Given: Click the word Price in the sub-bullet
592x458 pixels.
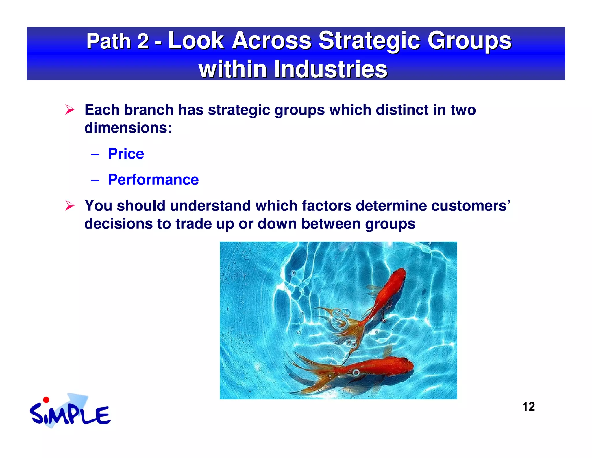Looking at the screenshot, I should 126,154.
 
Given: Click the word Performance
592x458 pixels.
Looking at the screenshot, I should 153,180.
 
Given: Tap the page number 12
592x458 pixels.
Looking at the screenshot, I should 528,407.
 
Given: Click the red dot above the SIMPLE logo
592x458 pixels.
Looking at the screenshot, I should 46,400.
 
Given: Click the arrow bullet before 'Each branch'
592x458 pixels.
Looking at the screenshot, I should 70,110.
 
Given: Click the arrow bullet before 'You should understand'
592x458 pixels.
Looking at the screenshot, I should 70,206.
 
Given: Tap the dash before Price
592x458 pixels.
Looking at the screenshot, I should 95,154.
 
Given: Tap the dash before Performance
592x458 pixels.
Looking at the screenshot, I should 95,180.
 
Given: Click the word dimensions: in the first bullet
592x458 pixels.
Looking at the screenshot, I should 128,128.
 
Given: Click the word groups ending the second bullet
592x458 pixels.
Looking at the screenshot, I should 390,224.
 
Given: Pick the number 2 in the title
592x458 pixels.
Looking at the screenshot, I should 143,41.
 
